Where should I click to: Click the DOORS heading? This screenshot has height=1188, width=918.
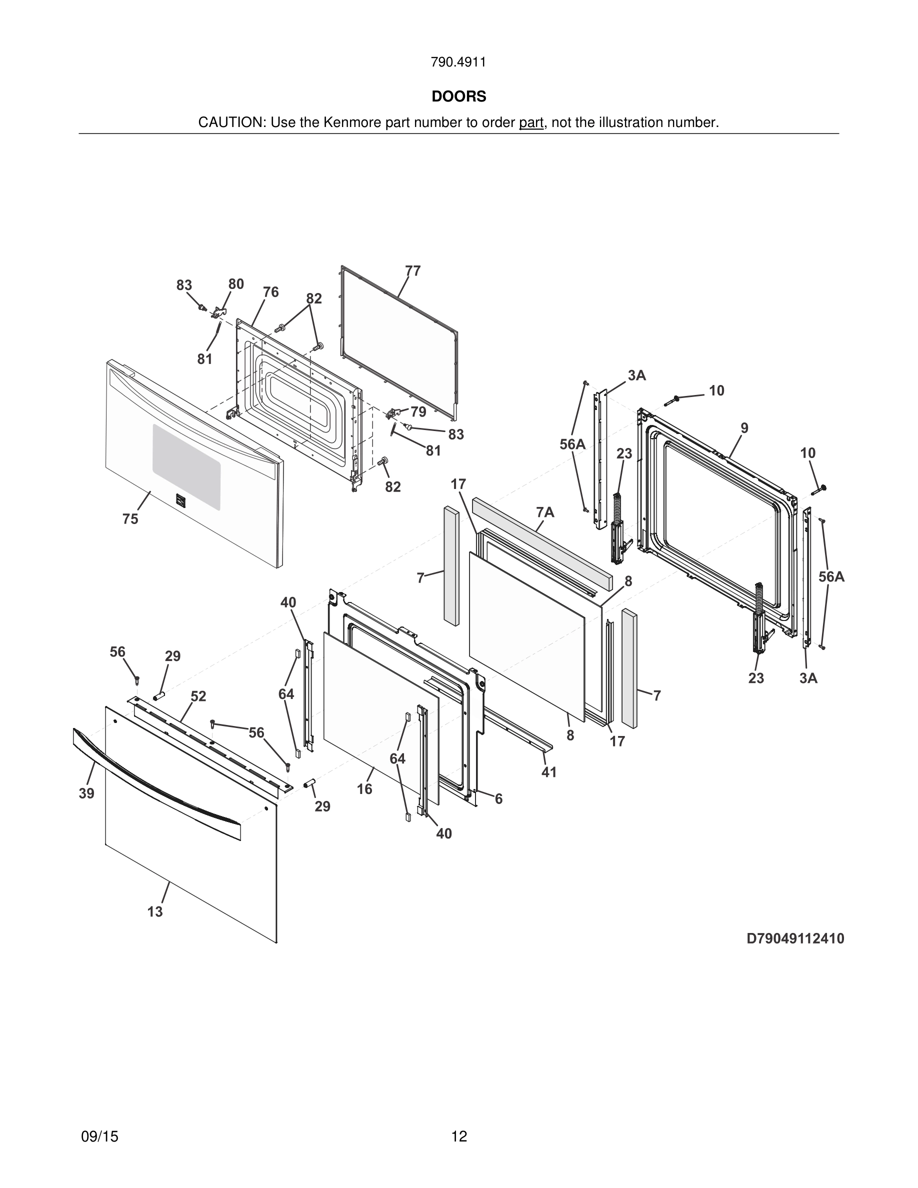(x=458, y=96)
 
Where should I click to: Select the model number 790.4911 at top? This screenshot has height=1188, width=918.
(x=458, y=62)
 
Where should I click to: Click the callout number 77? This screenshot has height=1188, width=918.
(x=413, y=271)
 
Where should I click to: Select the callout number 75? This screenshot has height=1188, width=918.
(x=130, y=519)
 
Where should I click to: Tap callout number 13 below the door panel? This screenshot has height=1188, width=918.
(x=155, y=911)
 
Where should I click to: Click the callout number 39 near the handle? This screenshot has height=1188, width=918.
(x=86, y=793)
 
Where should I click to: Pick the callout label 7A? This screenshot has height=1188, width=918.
(x=545, y=512)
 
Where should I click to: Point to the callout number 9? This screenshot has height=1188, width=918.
(x=744, y=428)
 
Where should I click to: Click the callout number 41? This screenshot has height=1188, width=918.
(x=548, y=772)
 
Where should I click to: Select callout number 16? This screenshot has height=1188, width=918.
(x=364, y=788)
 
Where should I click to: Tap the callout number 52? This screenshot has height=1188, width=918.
(x=198, y=696)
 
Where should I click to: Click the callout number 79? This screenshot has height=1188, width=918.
(x=418, y=412)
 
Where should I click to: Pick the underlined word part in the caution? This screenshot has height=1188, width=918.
(x=531, y=123)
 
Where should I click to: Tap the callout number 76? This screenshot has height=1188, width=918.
(x=271, y=292)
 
